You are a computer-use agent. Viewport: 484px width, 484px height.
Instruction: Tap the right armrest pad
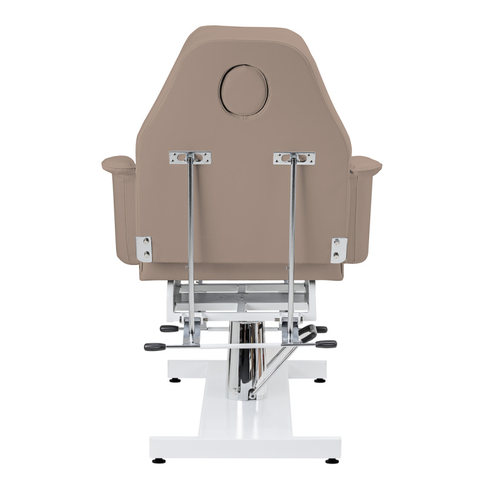[365, 162]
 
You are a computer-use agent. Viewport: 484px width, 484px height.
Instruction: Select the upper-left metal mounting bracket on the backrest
[190, 157]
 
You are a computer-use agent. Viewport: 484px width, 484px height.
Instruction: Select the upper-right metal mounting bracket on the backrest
[294, 158]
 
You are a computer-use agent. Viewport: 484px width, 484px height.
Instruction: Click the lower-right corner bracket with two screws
[339, 249]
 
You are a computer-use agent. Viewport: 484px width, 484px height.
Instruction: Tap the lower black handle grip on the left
[155, 347]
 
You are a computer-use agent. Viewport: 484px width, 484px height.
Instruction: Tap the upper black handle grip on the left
[169, 329]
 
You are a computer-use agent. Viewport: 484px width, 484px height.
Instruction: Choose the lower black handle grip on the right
[326, 344]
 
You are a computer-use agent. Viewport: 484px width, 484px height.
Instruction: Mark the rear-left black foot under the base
[175, 381]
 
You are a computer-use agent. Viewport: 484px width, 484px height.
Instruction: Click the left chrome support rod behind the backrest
[191, 242]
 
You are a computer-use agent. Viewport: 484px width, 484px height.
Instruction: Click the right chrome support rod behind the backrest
[292, 242]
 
